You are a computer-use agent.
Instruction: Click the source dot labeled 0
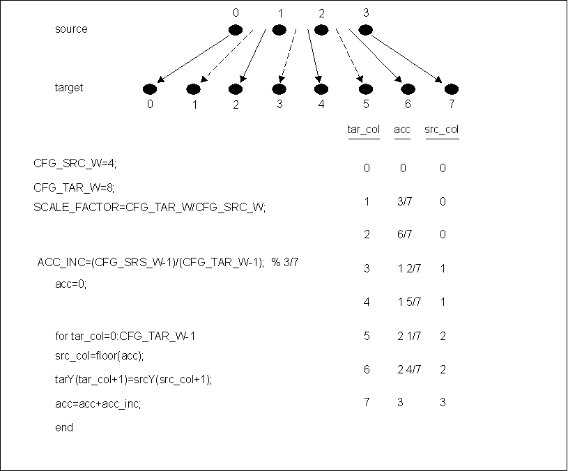236,30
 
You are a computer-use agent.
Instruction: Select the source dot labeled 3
365,30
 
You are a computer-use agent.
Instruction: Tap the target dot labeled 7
452,89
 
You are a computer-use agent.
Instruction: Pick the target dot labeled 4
321,89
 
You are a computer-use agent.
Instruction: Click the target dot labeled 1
193,89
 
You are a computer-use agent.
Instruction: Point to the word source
71,29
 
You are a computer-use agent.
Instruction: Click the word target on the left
69,88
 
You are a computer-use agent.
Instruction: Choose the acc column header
402,130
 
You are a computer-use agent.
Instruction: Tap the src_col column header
442,130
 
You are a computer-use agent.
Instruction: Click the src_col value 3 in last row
443,402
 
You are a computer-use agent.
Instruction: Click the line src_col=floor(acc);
99,356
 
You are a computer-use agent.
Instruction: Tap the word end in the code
64,428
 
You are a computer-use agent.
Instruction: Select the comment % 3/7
287,262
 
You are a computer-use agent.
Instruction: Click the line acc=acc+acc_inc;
98,403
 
